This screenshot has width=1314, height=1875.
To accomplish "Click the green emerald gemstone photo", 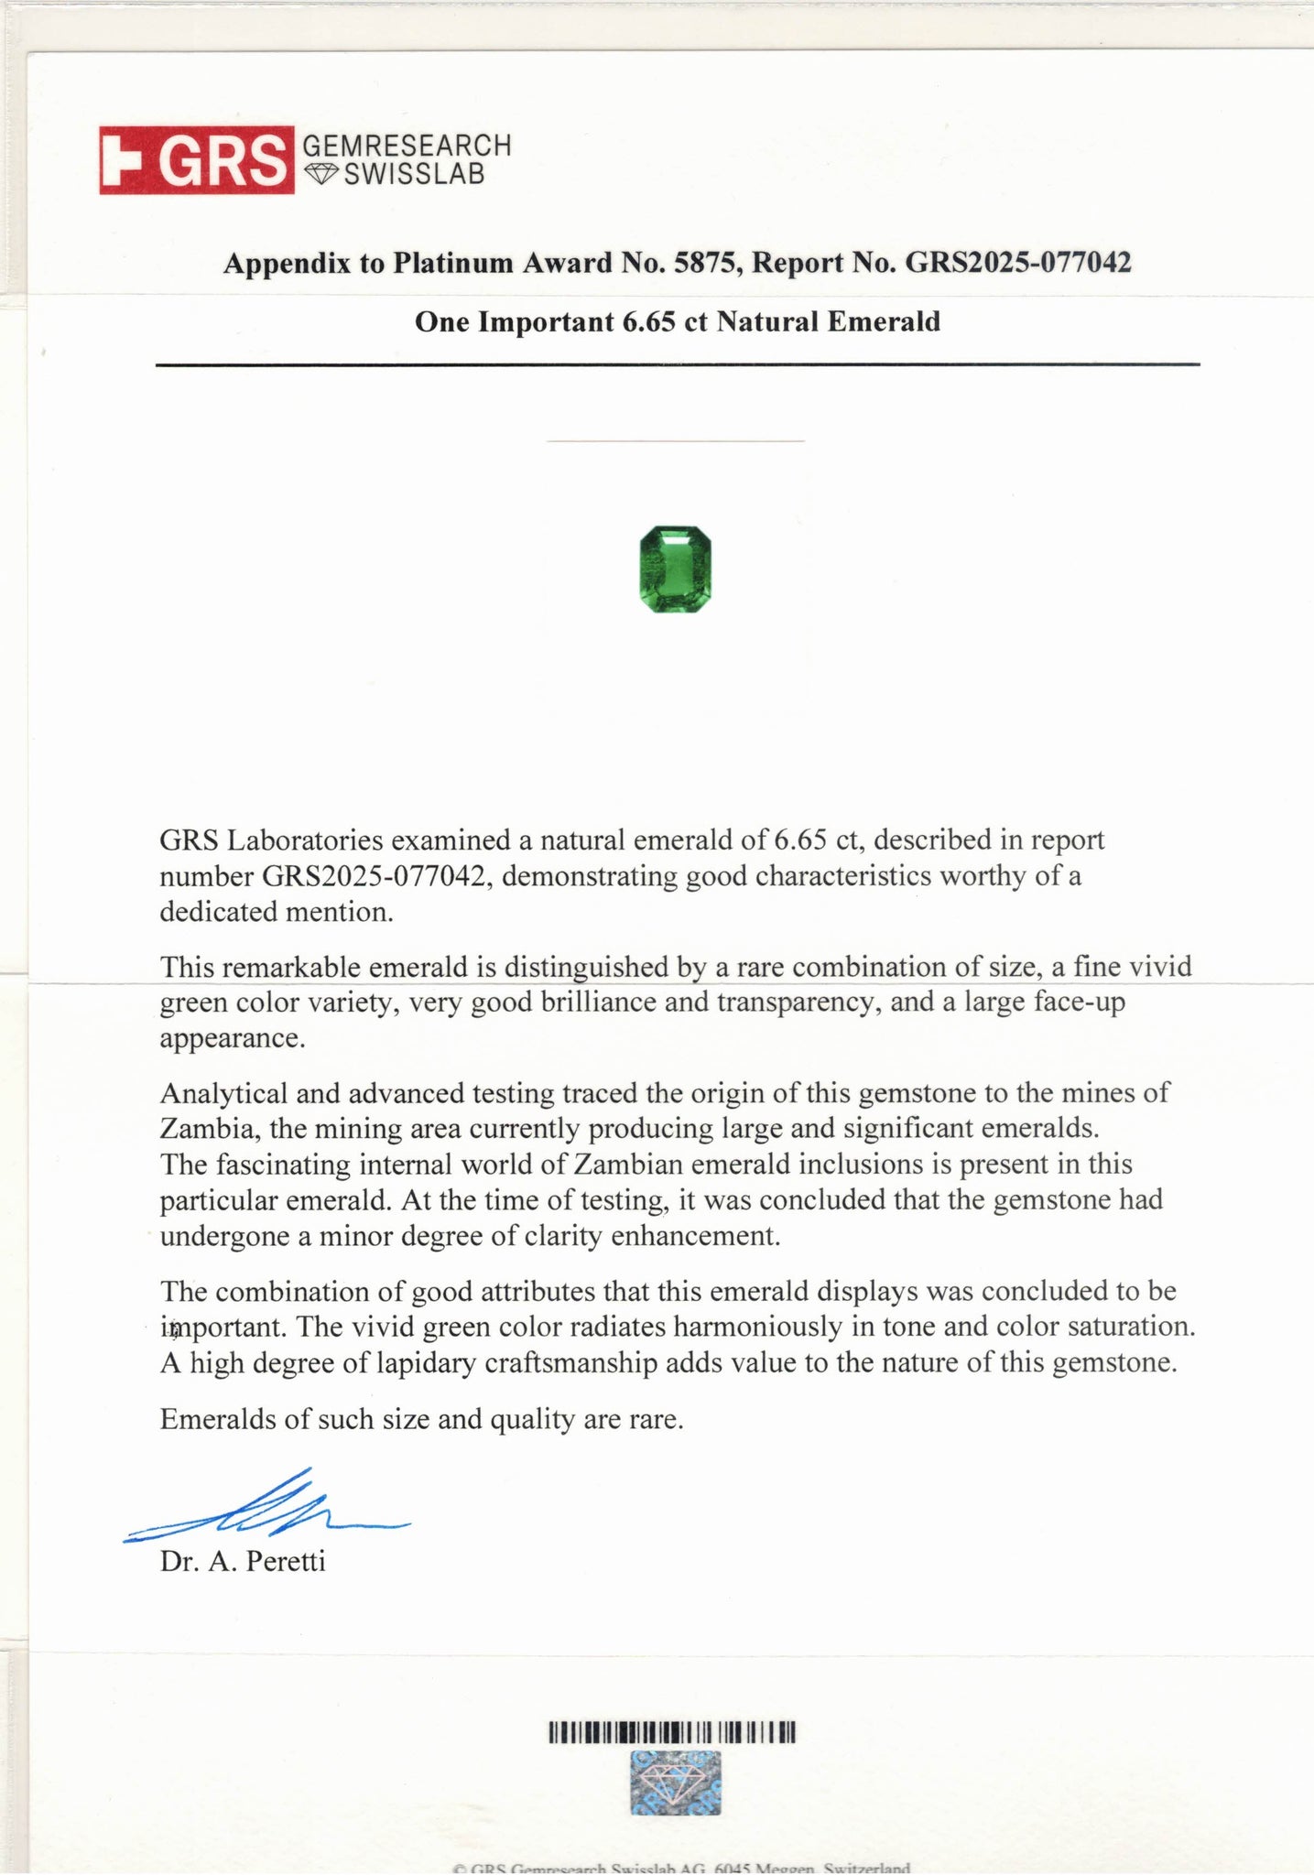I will click(x=675, y=569).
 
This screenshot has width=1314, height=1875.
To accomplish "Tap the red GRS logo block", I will click(x=197, y=160).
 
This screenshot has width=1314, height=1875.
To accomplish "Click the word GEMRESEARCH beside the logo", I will click(x=406, y=146).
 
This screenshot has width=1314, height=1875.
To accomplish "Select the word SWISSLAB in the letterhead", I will click(x=414, y=174).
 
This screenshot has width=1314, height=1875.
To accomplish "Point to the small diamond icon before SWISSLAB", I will click(x=321, y=174).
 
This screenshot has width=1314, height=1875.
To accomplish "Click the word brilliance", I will click(x=599, y=1003).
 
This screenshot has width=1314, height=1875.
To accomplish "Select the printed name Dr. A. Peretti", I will click(x=243, y=1562).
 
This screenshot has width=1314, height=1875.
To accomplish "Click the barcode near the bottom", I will click(x=673, y=1732).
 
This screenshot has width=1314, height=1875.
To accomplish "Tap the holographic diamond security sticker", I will click(x=676, y=1783).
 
